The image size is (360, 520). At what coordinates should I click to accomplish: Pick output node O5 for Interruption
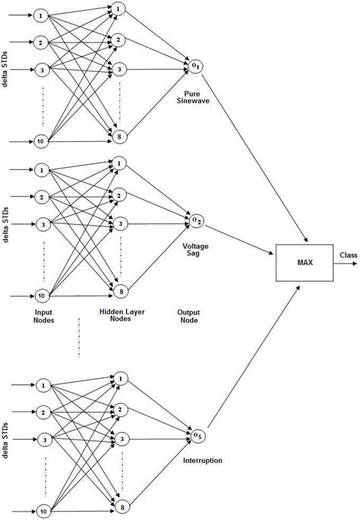(x=196, y=435)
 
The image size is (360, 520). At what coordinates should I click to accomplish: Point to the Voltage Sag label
(x=196, y=251)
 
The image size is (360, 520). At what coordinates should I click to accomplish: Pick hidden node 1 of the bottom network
(x=119, y=377)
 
